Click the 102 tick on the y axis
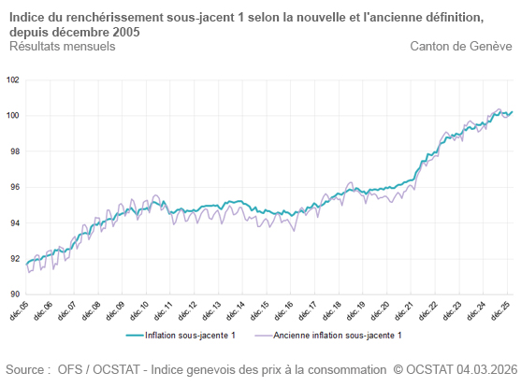coord(14,80)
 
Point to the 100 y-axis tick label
coord(14,116)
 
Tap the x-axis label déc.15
coord(262,310)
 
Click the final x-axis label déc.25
coord(502,310)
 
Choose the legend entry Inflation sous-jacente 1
coord(190,335)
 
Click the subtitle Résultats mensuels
coord(63,47)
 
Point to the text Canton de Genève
coord(460,47)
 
